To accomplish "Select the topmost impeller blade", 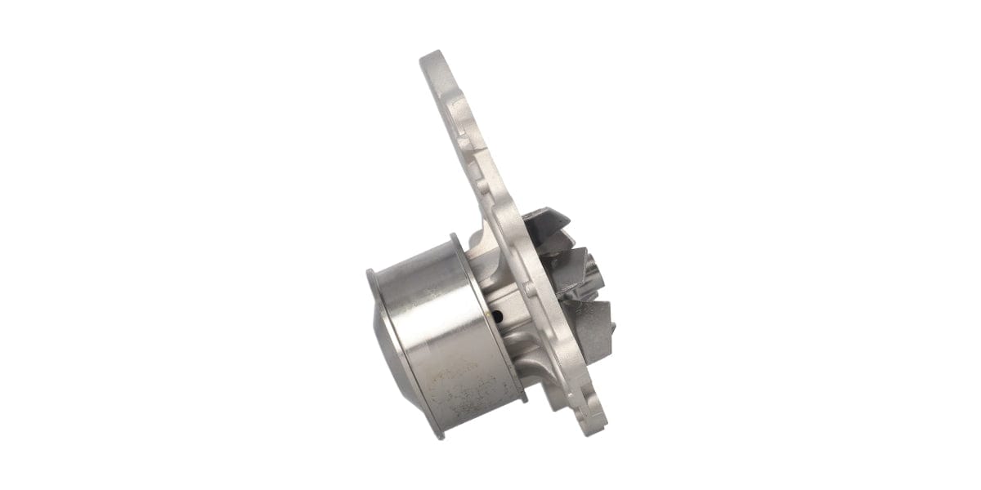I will coord(546,221).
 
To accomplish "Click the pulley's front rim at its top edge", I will coord(372,273).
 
